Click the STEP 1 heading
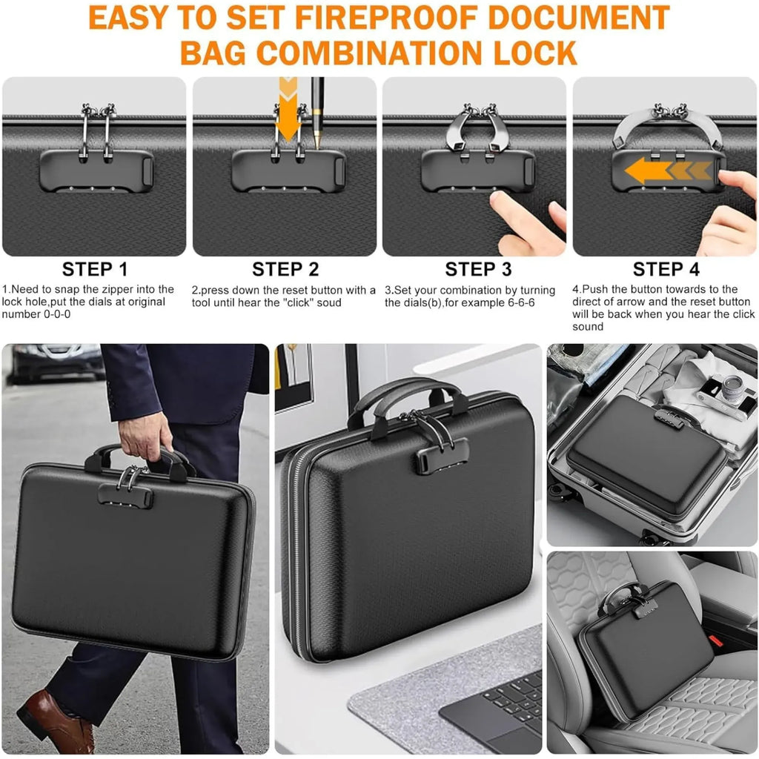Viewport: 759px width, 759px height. click(x=95, y=269)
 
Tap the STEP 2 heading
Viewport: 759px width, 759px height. click(x=285, y=269)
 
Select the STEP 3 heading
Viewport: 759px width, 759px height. click(x=478, y=269)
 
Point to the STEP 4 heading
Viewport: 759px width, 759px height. click(x=666, y=269)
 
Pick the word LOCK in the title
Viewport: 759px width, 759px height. click(x=535, y=53)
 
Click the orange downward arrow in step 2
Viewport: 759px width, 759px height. click(x=288, y=110)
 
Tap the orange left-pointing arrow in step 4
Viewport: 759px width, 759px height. click(x=668, y=171)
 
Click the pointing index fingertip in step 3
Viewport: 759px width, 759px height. click(x=500, y=199)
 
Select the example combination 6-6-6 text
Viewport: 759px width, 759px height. click(x=517, y=303)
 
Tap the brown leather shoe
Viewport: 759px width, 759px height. click(x=56, y=720)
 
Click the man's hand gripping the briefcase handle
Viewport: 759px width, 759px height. click(x=145, y=436)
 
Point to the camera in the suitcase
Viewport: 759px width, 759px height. click(x=726, y=394)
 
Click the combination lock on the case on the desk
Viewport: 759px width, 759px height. click(x=442, y=456)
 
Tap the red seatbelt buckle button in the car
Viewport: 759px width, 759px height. click(x=716, y=641)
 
